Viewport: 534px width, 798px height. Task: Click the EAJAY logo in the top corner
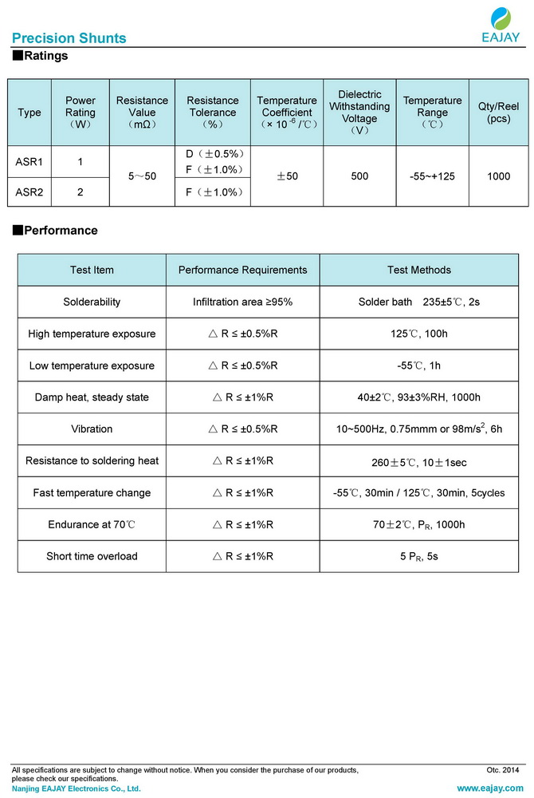pos(501,24)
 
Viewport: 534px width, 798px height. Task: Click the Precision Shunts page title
pos(69,38)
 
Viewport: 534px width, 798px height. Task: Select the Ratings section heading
pos(41,56)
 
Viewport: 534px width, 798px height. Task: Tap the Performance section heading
pos(55,231)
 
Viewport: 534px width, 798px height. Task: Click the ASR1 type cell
pos(29,162)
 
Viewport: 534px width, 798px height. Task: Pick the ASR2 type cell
pos(29,192)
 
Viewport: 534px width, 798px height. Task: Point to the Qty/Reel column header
pos(498,113)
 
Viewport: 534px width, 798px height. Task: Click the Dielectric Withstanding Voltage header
pos(359,113)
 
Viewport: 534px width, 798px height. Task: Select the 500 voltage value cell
pos(359,176)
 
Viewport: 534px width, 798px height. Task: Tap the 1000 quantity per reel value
pos(498,176)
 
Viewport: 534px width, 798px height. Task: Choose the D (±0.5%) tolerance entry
pos(213,153)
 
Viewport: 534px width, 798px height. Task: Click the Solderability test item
pos(92,302)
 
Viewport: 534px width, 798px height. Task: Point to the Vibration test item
pos(92,429)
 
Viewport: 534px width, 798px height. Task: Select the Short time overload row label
pos(92,556)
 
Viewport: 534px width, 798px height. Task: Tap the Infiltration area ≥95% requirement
pos(242,302)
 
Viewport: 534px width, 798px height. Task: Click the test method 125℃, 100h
pos(419,334)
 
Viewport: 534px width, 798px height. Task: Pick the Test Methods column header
pos(419,270)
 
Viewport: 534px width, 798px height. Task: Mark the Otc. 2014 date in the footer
pos(503,770)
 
